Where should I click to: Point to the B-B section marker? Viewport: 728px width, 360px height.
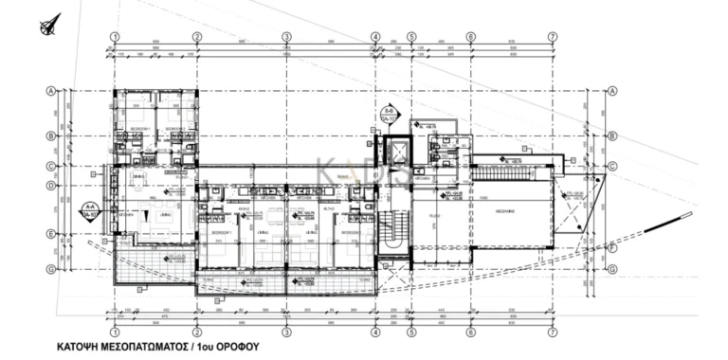[x=390, y=116]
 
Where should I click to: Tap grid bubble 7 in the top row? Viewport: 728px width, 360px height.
[x=553, y=38]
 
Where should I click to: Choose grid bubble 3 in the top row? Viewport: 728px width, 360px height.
[x=285, y=38]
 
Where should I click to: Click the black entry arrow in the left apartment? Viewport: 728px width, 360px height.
[x=145, y=217]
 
